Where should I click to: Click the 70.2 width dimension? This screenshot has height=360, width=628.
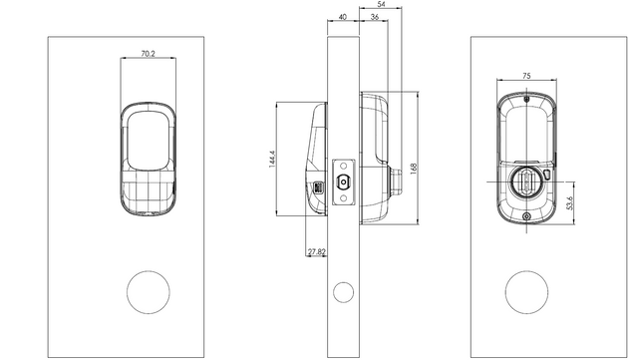148,53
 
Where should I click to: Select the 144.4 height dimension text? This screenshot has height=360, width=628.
271,160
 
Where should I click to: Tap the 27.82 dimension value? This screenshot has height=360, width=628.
316,253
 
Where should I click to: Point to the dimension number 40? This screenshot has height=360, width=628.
343,17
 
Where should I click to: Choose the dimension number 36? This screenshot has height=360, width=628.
373,17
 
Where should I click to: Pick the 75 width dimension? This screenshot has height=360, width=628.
525,74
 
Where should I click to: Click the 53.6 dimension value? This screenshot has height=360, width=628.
570,203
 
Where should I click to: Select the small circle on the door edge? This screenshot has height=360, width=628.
343,292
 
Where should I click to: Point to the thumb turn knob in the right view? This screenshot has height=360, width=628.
524,182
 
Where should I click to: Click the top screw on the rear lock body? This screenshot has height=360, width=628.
525,99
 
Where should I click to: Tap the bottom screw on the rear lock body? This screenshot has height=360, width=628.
525,219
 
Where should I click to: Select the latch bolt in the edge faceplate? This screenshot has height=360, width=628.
343,181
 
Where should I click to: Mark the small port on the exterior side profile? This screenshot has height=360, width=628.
318,187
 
